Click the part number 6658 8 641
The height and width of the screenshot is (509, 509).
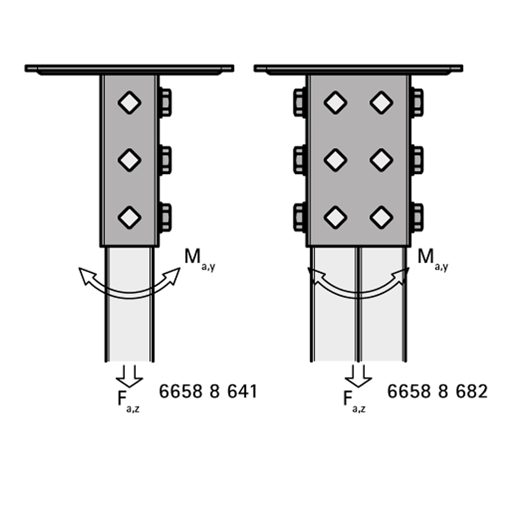click(x=208, y=391)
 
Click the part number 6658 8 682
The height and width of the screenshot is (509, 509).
click(x=437, y=391)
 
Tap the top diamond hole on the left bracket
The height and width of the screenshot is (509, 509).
click(x=129, y=103)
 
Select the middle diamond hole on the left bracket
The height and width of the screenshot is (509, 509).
click(x=129, y=160)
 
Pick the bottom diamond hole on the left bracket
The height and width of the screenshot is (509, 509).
click(x=129, y=217)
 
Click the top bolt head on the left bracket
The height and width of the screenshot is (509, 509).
click(x=165, y=102)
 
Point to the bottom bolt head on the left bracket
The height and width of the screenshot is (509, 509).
click(x=165, y=217)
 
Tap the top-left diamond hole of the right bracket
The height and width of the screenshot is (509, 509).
click(x=335, y=103)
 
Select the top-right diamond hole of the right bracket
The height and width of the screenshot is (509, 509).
click(x=381, y=103)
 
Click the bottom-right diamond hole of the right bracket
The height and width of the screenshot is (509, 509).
click(x=381, y=217)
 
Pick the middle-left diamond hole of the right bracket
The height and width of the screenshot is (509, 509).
click(x=335, y=160)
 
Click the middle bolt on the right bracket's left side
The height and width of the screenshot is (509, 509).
click(x=300, y=160)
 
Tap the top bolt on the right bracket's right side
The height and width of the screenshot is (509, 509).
click(x=417, y=102)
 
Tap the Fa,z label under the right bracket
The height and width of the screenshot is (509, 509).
click(x=354, y=402)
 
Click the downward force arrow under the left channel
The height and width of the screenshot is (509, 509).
click(x=129, y=376)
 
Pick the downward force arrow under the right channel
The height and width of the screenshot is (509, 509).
click(x=358, y=376)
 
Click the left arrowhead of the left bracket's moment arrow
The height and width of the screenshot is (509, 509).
click(x=87, y=275)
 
